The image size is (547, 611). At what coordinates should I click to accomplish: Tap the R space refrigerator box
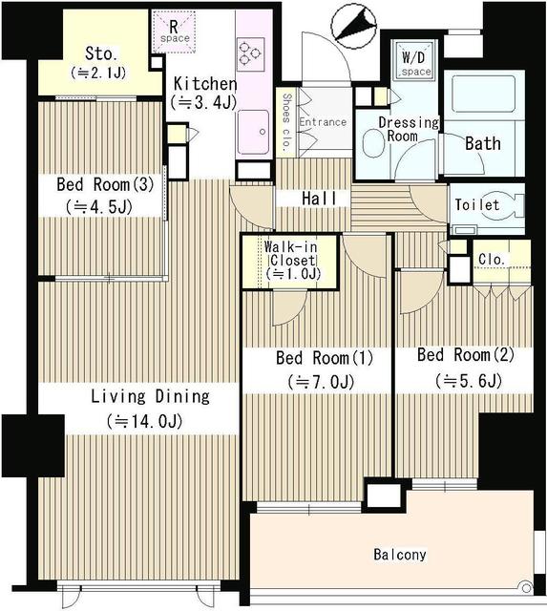174,30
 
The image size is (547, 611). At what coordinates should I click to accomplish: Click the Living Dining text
150,396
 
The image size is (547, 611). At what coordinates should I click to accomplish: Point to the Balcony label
400,555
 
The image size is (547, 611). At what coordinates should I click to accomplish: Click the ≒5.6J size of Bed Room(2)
467,379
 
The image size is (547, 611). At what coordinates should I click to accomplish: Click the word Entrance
322,122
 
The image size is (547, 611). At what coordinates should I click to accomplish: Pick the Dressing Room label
408,129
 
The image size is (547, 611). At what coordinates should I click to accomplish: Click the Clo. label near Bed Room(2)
491,259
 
